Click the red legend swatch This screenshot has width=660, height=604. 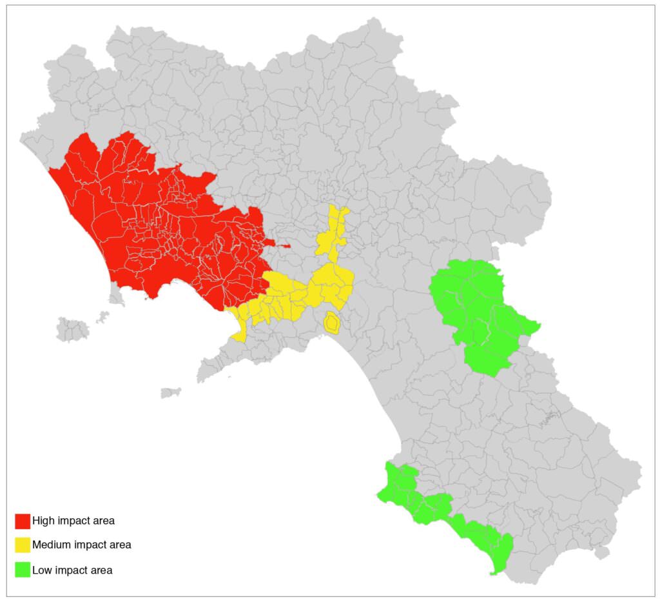point(23,521)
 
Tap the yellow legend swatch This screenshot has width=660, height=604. point(23,545)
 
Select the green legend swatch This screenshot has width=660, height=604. point(23,570)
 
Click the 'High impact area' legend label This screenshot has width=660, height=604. point(73,521)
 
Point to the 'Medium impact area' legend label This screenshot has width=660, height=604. point(81,545)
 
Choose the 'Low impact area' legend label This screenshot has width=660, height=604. point(72,570)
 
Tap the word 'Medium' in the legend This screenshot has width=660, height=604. point(52,545)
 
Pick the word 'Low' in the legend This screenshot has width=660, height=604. point(42,570)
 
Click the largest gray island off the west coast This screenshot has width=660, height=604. point(72,328)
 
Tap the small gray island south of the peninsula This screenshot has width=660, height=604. point(171,392)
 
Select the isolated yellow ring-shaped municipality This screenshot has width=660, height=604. point(332,323)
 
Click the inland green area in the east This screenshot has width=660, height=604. point(477,310)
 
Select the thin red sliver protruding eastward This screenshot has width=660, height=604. point(282,245)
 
